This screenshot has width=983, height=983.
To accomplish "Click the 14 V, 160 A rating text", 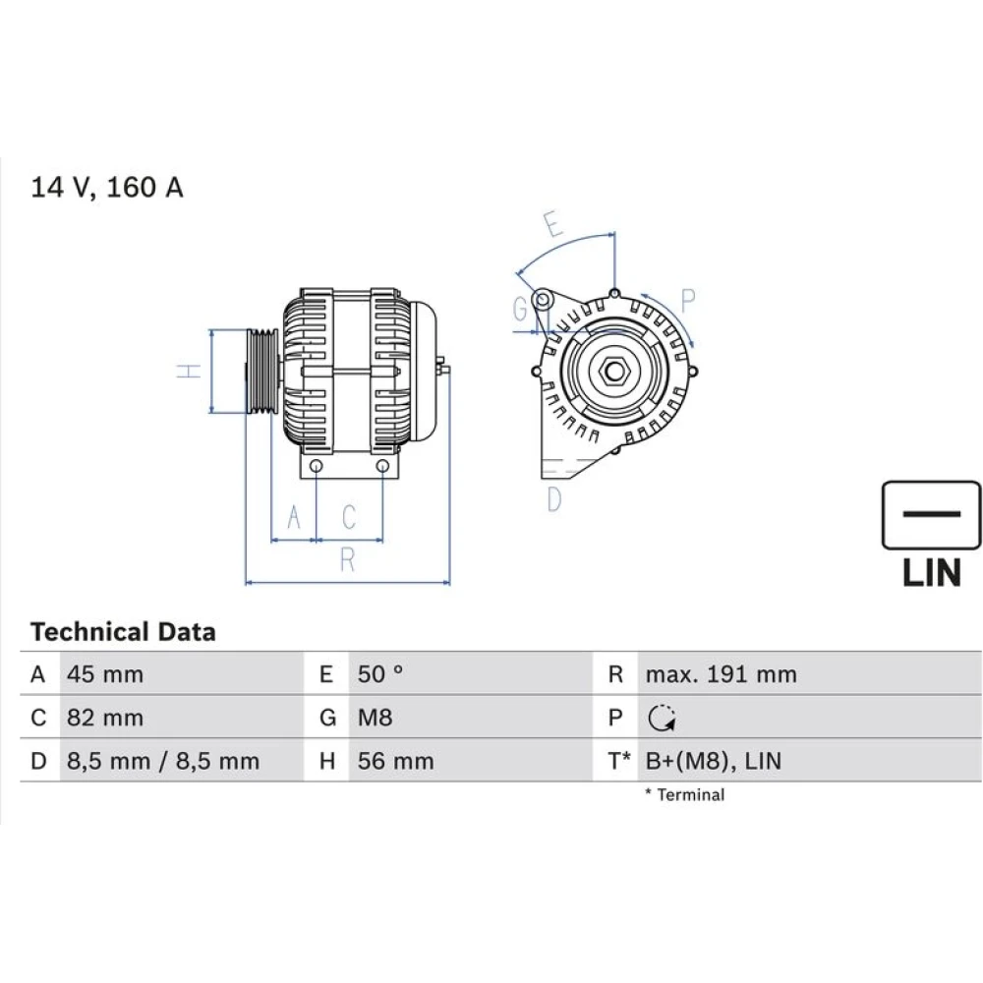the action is (x=106, y=188).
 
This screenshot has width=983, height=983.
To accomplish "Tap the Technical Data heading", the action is (x=123, y=631).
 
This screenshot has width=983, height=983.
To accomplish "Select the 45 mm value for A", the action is (x=105, y=674).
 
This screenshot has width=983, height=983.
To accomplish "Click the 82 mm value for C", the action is (x=105, y=718).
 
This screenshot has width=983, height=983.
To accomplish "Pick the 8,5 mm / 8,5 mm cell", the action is (x=163, y=761).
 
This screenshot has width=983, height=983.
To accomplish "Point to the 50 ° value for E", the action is (x=380, y=674).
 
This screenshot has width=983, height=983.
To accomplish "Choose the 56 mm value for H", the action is (x=395, y=761).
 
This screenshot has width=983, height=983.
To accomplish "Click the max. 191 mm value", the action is (x=722, y=674).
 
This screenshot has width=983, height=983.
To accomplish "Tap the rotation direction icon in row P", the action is (x=662, y=718).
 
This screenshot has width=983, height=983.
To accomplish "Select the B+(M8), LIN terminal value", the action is (x=714, y=761).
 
